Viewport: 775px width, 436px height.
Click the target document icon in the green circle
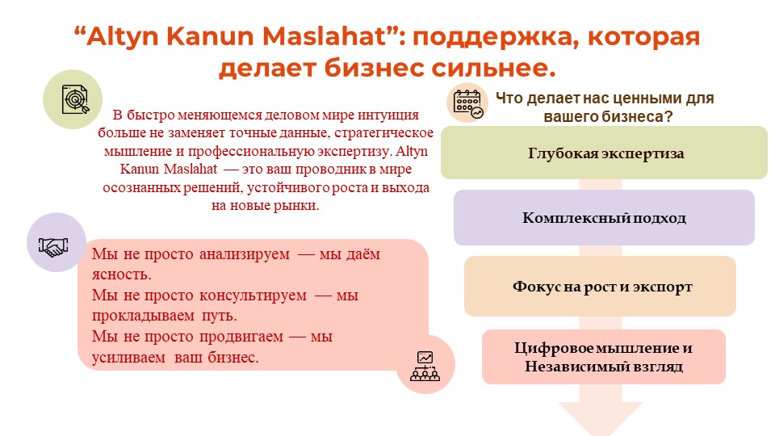coord(74,99)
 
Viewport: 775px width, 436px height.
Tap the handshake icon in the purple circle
coord(53,245)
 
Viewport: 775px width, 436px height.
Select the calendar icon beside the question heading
coord(467,104)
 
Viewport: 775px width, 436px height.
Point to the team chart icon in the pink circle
coord(425,366)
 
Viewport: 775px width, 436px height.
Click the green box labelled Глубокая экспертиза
coord(604,153)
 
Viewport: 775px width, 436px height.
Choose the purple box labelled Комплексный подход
coord(604,217)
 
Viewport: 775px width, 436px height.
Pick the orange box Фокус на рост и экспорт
coord(600,286)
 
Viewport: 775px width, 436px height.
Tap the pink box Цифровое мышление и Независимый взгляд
coord(604,357)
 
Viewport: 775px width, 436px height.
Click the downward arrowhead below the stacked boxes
coord(601,417)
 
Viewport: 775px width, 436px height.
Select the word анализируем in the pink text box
coord(244,254)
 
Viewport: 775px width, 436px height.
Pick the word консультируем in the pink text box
coord(253,296)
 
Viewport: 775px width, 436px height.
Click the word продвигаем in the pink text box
coord(241,337)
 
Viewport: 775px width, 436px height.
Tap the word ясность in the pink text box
coord(122,275)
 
